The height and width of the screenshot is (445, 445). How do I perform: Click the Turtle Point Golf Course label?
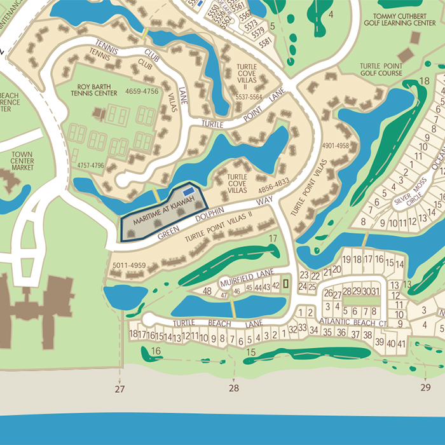[381, 69]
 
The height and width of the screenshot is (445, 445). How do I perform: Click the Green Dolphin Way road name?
[213, 219]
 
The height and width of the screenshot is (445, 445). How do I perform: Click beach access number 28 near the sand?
[234, 388]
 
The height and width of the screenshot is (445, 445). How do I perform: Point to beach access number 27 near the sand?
[120, 388]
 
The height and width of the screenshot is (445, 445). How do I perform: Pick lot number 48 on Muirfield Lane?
[207, 291]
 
